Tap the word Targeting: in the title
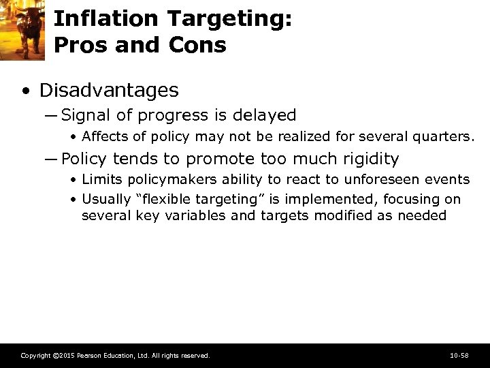click(x=225, y=18)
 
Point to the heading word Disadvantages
click(x=109, y=90)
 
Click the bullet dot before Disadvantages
click(x=24, y=91)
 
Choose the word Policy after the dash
click(x=84, y=159)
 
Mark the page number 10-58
click(x=459, y=356)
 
